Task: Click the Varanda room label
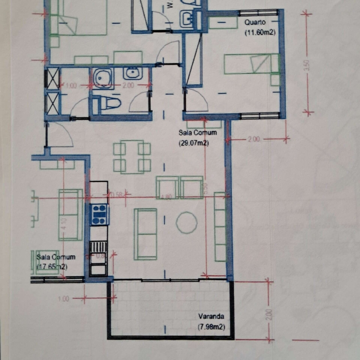point(211,317)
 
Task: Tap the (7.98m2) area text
point(211,327)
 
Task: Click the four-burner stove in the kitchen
point(99,215)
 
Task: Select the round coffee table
point(186,222)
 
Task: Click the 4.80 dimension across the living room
point(166,197)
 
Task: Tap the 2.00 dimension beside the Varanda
point(269,314)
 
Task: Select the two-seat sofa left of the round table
point(145,234)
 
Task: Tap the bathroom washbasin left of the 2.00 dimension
point(132,73)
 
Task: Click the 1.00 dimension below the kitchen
point(64,299)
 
